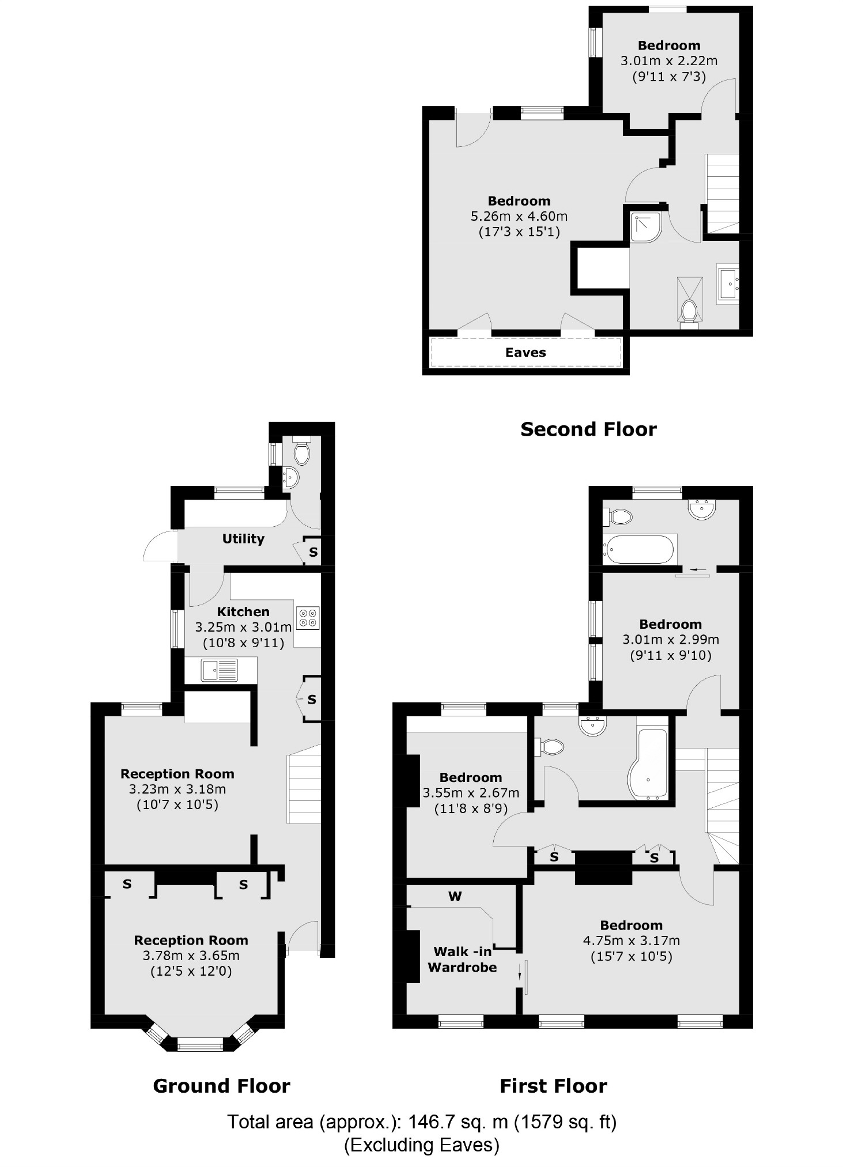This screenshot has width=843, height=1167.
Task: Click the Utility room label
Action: [x=243, y=539]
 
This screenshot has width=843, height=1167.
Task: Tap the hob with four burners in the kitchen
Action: [x=307, y=618]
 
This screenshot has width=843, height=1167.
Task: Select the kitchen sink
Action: [x=219, y=670]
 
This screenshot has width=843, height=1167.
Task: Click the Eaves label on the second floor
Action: [x=525, y=353]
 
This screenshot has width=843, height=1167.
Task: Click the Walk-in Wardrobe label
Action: [x=462, y=960]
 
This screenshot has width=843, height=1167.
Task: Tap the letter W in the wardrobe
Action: [x=455, y=896]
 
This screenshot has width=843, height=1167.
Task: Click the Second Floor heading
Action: [x=588, y=429]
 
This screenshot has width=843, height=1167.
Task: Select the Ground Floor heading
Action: [x=221, y=1086]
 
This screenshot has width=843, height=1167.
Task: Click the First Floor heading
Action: [x=553, y=1086]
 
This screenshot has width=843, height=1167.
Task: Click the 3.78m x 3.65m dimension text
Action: [x=191, y=955]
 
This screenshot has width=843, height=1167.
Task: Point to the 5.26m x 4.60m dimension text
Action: [x=519, y=217]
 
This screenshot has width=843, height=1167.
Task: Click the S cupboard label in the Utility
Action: [x=313, y=552]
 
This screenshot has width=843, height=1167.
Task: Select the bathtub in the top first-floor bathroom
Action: [x=638, y=549]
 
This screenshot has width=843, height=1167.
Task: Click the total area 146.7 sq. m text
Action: [x=421, y=1122]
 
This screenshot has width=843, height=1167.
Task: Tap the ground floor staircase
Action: [x=304, y=783]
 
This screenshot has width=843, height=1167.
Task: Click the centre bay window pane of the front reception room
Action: [x=199, y=1044]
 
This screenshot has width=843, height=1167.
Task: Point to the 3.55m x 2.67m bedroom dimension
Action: [x=470, y=793]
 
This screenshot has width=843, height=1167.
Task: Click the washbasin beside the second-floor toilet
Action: [x=729, y=284]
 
